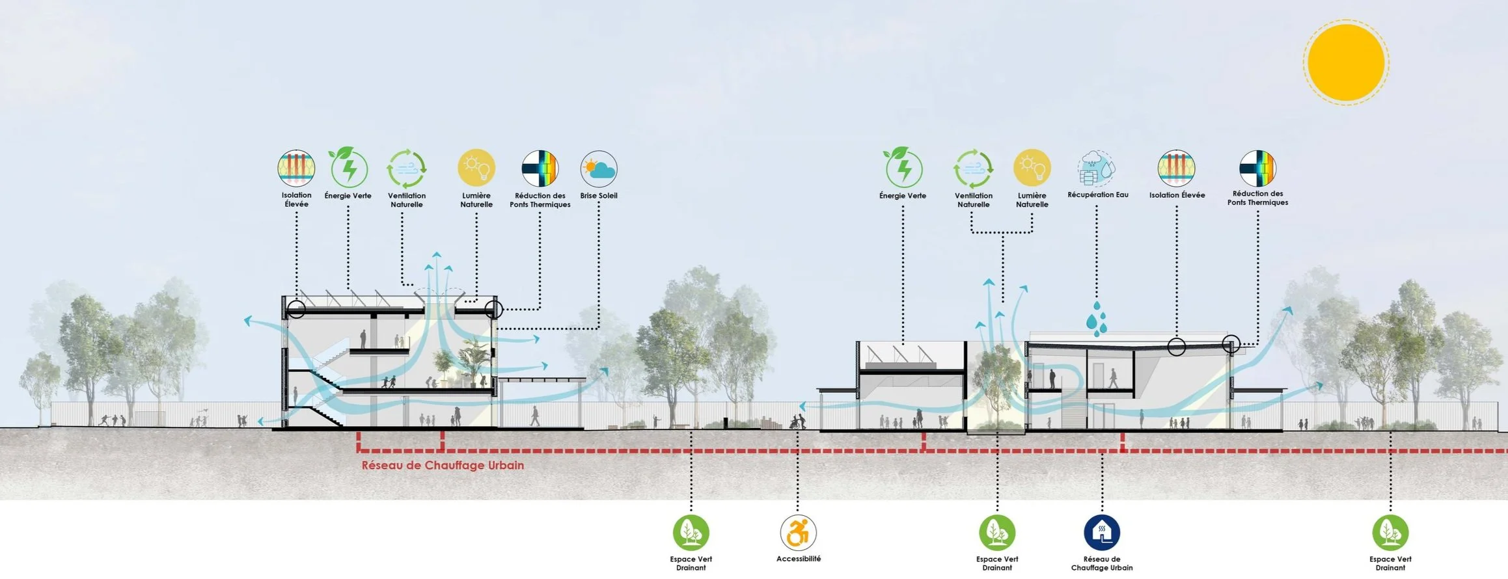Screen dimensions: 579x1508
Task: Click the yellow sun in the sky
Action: pyautogui.click(x=1346, y=62)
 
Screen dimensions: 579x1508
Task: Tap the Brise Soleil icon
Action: pyautogui.click(x=599, y=168)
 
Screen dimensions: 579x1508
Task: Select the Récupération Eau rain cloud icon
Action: pyautogui.click(x=1097, y=168)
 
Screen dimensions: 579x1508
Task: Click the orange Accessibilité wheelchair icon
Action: pyautogui.click(x=798, y=532)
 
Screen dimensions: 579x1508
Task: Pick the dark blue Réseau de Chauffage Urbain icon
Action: pyautogui.click(x=1102, y=532)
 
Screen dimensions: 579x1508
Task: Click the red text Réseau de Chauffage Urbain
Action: pyautogui.click(x=443, y=465)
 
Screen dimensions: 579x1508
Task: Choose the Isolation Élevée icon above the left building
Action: pyautogui.click(x=296, y=168)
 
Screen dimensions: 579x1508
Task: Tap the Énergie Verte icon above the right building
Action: pyautogui.click(x=903, y=168)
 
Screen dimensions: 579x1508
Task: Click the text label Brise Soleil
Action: pyautogui.click(x=599, y=196)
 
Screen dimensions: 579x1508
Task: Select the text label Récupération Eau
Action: pyautogui.click(x=1098, y=195)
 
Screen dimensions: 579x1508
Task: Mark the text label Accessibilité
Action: pyautogui.click(x=799, y=559)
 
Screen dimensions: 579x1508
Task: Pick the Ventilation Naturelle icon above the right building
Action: pyautogui.click(x=974, y=168)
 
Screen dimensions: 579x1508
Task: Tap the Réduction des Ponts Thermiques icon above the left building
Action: pyautogui.click(x=540, y=168)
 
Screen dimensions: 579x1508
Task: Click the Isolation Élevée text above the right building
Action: pyautogui.click(x=1177, y=195)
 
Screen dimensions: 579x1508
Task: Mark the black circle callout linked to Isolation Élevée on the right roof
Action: pyautogui.click(x=1177, y=347)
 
